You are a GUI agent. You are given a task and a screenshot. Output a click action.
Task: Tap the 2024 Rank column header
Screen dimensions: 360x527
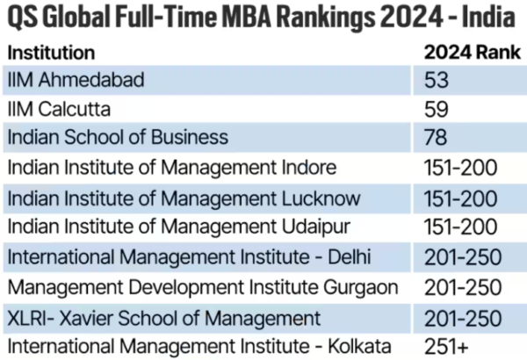[467, 52]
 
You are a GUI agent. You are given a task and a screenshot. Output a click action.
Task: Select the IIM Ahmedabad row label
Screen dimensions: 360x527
[76, 81]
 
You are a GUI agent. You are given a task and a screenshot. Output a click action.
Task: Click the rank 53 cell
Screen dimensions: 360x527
[437, 81]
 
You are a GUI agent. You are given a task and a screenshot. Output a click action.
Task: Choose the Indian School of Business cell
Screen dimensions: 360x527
[117, 137]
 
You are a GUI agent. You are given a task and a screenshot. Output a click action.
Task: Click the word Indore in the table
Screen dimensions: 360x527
[307, 167]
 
